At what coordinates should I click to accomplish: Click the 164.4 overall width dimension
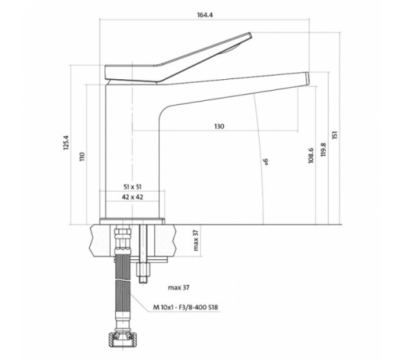coord(205,15)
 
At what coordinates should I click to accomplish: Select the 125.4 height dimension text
coord(66,142)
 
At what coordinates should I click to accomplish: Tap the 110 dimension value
coord(82,157)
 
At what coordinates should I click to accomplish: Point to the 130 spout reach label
coord(219,126)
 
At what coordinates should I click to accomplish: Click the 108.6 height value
coord(311,156)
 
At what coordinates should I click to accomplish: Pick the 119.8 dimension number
coord(323,150)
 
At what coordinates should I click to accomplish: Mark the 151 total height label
coord(335,135)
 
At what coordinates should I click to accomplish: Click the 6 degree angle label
coord(266,161)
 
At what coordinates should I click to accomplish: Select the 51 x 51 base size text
coord(132,187)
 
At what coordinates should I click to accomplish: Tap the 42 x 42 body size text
coord(132,197)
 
